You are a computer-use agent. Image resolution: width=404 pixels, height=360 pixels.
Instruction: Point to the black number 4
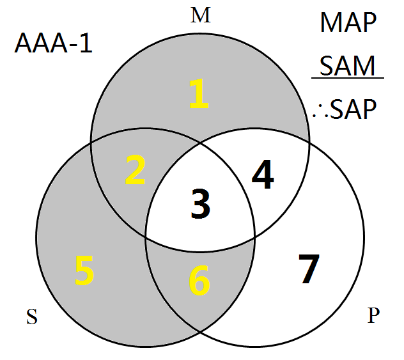262,176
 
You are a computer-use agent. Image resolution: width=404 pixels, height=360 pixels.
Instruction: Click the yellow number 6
199,281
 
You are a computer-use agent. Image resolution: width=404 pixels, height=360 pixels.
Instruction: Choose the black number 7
308,269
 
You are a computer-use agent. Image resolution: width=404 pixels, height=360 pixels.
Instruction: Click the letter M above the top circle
201,16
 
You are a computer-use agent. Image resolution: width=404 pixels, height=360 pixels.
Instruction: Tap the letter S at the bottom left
31,317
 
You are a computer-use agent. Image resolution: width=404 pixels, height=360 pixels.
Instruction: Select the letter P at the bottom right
373,316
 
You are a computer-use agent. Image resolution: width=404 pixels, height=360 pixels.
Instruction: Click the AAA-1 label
54,45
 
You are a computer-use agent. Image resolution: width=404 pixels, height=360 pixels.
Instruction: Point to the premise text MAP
348,24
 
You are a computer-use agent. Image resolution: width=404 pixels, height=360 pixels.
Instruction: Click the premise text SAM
348,65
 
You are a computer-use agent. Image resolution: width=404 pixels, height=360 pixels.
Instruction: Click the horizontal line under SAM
347,79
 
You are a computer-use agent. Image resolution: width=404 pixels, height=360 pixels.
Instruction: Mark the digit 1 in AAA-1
86,45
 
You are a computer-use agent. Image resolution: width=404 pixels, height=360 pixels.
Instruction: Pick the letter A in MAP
349,24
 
